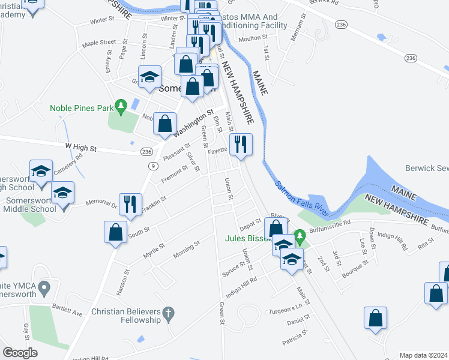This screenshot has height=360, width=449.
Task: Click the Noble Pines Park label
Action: (81, 109)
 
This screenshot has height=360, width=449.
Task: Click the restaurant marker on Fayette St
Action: (241, 145)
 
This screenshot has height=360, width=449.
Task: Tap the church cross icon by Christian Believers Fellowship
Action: (169, 313)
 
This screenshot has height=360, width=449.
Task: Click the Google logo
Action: (20, 352)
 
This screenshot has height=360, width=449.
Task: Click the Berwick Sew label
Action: (427, 169)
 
